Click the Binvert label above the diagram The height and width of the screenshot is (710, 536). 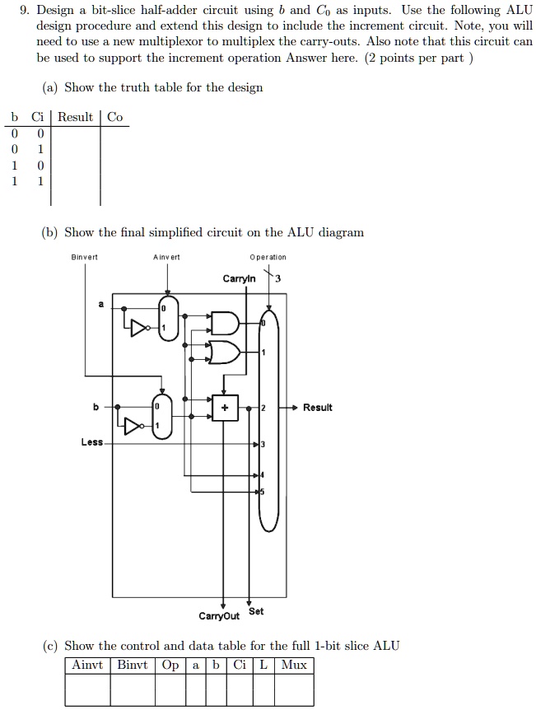point(84,257)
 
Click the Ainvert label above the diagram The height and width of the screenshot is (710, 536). point(166,257)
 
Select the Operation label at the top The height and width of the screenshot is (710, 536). point(268,257)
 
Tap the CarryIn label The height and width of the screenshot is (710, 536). point(239,278)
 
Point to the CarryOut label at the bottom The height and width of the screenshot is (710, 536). point(219,616)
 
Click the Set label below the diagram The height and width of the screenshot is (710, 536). point(256,611)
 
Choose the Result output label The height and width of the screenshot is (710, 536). point(317,408)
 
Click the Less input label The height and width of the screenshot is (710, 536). point(92,442)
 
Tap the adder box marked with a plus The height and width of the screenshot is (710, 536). point(225,408)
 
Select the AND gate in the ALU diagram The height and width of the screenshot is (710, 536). point(225,323)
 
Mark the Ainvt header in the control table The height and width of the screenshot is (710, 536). point(87,666)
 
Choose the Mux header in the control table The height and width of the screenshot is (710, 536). point(294,666)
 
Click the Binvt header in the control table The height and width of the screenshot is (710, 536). point(133,666)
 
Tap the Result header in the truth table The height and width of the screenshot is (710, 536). point(75,117)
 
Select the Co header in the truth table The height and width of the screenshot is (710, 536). point(115,117)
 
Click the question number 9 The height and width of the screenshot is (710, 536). point(26,10)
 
